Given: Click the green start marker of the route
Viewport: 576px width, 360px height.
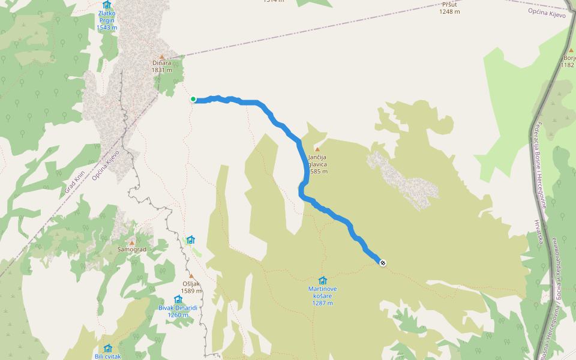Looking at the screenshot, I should (x=193, y=99).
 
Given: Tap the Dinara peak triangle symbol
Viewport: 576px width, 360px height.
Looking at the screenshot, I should (x=161, y=57).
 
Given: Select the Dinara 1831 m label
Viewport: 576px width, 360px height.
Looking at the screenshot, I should (x=161, y=66).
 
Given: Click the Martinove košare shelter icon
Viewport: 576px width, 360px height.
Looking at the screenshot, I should (x=323, y=280).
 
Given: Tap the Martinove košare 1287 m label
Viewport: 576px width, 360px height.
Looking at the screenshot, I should (x=323, y=296).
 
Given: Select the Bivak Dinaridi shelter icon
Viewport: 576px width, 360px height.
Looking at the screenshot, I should (x=178, y=299).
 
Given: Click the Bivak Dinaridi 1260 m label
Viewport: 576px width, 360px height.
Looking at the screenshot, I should (x=178, y=311).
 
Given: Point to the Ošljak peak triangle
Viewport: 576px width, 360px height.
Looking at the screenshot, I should (x=191, y=277).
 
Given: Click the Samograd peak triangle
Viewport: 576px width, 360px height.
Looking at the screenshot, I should (x=132, y=242).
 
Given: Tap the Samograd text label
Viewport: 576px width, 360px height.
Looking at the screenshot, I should (x=132, y=249).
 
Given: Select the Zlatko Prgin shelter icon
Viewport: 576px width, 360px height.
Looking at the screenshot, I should (x=107, y=4).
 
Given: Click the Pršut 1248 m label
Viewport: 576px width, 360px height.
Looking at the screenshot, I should (x=449, y=8).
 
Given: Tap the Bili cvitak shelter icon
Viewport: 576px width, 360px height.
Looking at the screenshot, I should (x=108, y=348).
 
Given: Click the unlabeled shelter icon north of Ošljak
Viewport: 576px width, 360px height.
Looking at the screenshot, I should (x=190, y=239).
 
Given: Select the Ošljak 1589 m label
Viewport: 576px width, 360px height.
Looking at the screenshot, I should (x=191, y=287).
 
